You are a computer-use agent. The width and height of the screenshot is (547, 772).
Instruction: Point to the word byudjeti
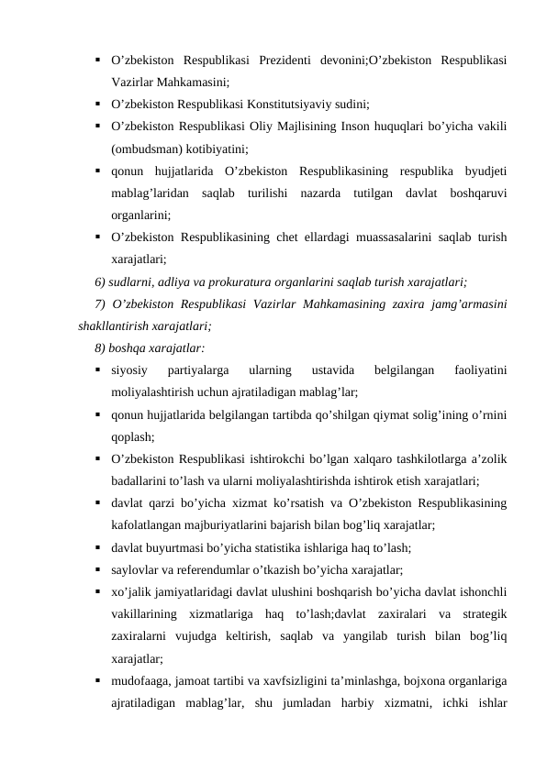click(x=486, y=170)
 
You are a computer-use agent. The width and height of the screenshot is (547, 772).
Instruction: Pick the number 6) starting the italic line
click(x=101, y=281)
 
